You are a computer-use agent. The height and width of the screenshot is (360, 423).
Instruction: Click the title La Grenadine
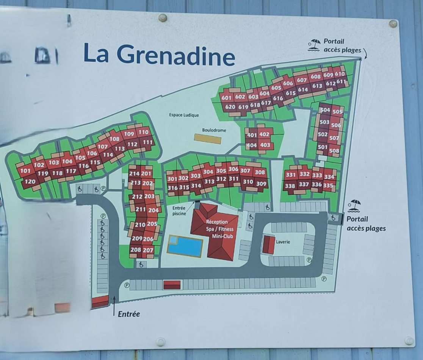(x=159, y=54)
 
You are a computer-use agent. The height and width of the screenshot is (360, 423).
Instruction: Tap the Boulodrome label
(x=214, y=130)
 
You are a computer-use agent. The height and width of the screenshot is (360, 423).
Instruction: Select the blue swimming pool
(x=185, y=246)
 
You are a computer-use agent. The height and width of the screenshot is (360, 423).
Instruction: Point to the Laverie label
(x=283, y=242)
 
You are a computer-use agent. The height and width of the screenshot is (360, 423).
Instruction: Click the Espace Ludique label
(x=184, y=115)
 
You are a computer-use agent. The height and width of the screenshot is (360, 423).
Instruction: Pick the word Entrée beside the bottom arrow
(x=129, y=314)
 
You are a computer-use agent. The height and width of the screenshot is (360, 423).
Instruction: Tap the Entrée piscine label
(x=179, y=211)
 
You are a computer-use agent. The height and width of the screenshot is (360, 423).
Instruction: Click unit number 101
(x=25, y=171)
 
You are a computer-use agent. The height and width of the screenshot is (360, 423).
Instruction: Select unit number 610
(x=340, y=74)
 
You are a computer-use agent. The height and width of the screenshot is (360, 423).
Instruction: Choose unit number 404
(x=251, y=145)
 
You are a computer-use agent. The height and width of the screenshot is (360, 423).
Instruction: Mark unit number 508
(x=334, y=150)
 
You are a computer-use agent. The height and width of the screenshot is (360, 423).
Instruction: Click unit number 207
(x=148, y=250)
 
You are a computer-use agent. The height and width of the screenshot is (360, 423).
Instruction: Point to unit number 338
(x=290, y=186)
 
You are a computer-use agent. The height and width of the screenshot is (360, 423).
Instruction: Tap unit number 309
(x=261, y=184)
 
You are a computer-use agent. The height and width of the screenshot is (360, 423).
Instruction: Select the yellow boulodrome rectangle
(x=207, y=139)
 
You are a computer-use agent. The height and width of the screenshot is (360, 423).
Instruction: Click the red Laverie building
(x=268, y=244)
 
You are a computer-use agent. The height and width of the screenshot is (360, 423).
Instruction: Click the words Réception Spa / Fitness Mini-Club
(x=220, y=229)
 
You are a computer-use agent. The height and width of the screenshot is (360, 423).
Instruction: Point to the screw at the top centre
(x=163, y=17)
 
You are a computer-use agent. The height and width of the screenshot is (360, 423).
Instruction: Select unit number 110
(x=143, y=132)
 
